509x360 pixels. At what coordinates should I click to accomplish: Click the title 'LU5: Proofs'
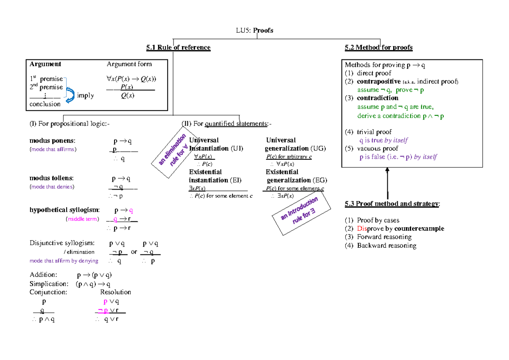[x=255, y=30]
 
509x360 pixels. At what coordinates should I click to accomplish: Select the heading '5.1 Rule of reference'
[x=178, y=47]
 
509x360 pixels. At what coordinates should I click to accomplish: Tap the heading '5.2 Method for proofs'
[x=379, y=47]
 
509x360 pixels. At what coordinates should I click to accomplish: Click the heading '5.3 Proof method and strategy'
[x=392, y=204]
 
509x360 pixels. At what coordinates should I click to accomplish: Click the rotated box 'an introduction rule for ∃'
[x=301, y=212]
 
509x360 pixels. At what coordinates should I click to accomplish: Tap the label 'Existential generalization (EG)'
[x=296, y=176]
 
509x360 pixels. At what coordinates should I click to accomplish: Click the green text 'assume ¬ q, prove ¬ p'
[x=391, y=90]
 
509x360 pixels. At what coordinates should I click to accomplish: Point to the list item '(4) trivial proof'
[x=368, y=132]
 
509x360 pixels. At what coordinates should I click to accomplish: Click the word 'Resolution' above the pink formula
[x=115, y=292]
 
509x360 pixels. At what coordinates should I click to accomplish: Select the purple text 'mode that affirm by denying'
[x=64, y=261]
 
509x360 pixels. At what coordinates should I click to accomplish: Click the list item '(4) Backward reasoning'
[x=380, y=246]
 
